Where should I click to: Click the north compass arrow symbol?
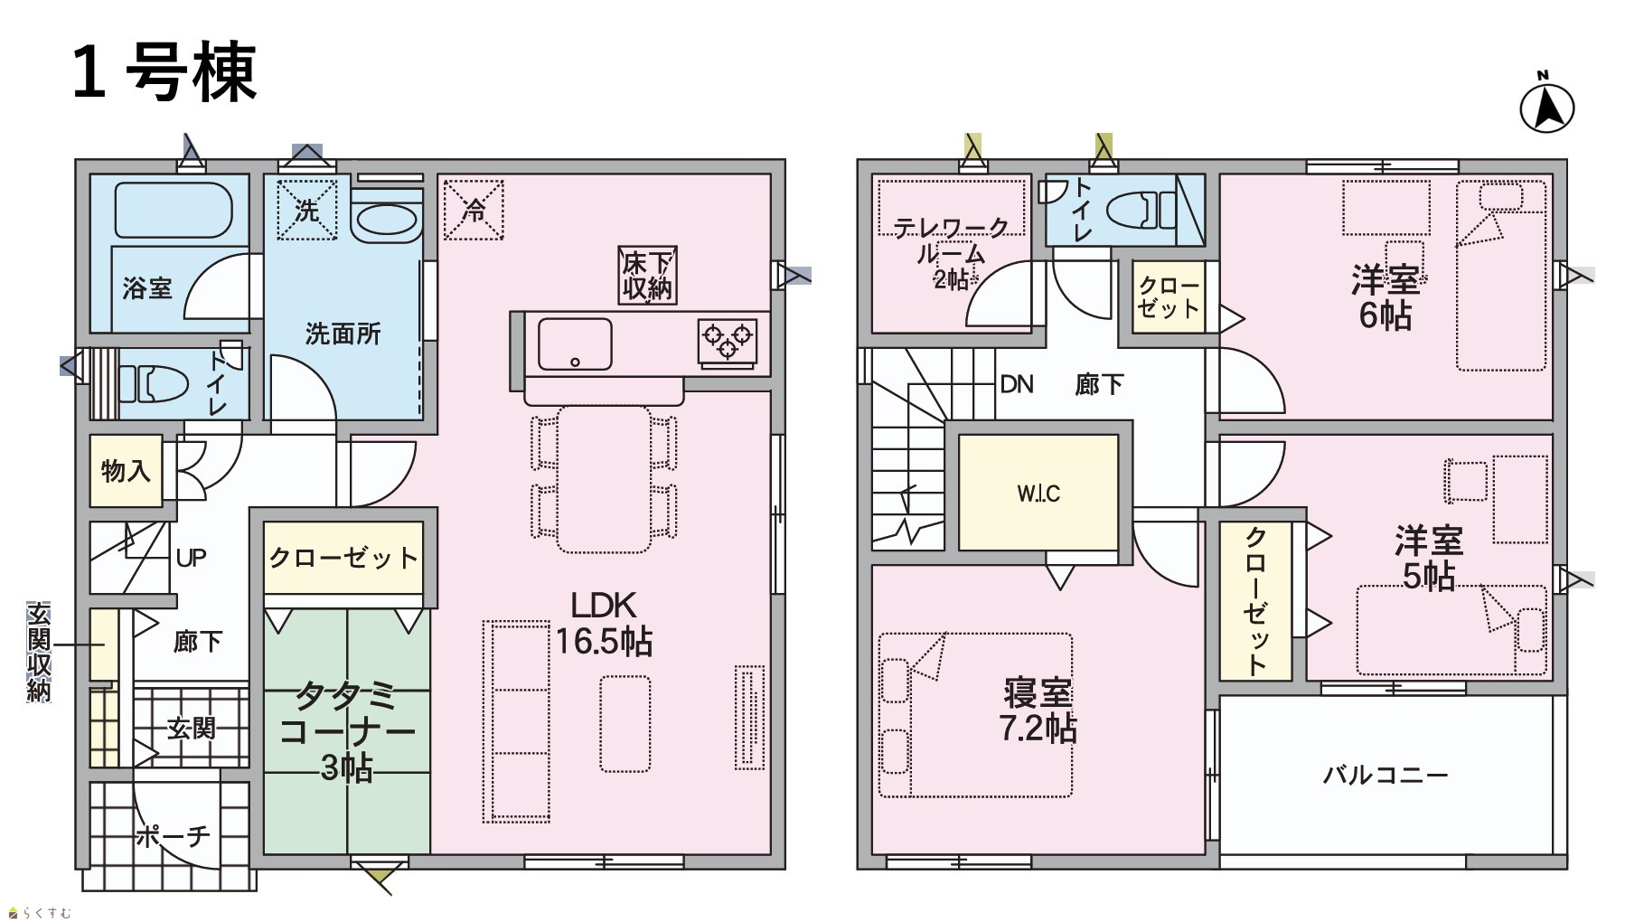coord(1546,107)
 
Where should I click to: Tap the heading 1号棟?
coord(164,72)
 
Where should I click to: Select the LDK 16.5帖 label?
coord(604,623)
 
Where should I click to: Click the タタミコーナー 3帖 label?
coord(347,730)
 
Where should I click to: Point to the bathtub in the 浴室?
coord(174,211)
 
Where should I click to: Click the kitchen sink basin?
coord(575,344)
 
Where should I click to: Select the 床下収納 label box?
coord(647,275)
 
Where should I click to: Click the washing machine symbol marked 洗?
coord(306,210)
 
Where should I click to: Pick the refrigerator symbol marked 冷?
coord(474,210)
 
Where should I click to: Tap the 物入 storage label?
coord(126,470)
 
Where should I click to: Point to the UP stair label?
coord(191,558)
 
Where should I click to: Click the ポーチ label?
coord(173,836)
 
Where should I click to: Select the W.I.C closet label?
coord(1038,494)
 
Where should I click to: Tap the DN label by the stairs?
coord(1017,384)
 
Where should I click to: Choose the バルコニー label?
coord(1385,775)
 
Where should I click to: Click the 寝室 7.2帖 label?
coord(1038,710)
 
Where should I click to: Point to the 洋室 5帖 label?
coord(1428,558)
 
